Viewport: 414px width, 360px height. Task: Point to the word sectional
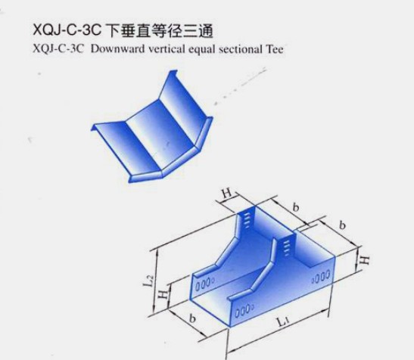(x=240, y=49)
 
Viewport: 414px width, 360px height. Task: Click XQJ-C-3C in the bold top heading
(x=67, y=29)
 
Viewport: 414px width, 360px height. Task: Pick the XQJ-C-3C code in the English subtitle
(x=58, y=49)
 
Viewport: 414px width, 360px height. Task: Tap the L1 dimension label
(x=283, y=321)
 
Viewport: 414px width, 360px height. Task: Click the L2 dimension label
(x=148, y=281)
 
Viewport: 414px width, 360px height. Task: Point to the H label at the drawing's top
(x=227, y=194)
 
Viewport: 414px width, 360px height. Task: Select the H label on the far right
(x=365, y=260)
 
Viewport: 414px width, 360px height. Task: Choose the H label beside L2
(x=163, y=293)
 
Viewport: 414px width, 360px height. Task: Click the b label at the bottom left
(x=192, y=319)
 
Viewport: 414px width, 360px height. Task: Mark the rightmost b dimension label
(x=342, y=225)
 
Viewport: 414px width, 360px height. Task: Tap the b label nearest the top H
(x=296, y=207)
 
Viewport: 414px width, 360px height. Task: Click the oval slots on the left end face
(x=205, y=284)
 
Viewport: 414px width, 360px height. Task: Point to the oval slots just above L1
(x=244, y=312)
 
